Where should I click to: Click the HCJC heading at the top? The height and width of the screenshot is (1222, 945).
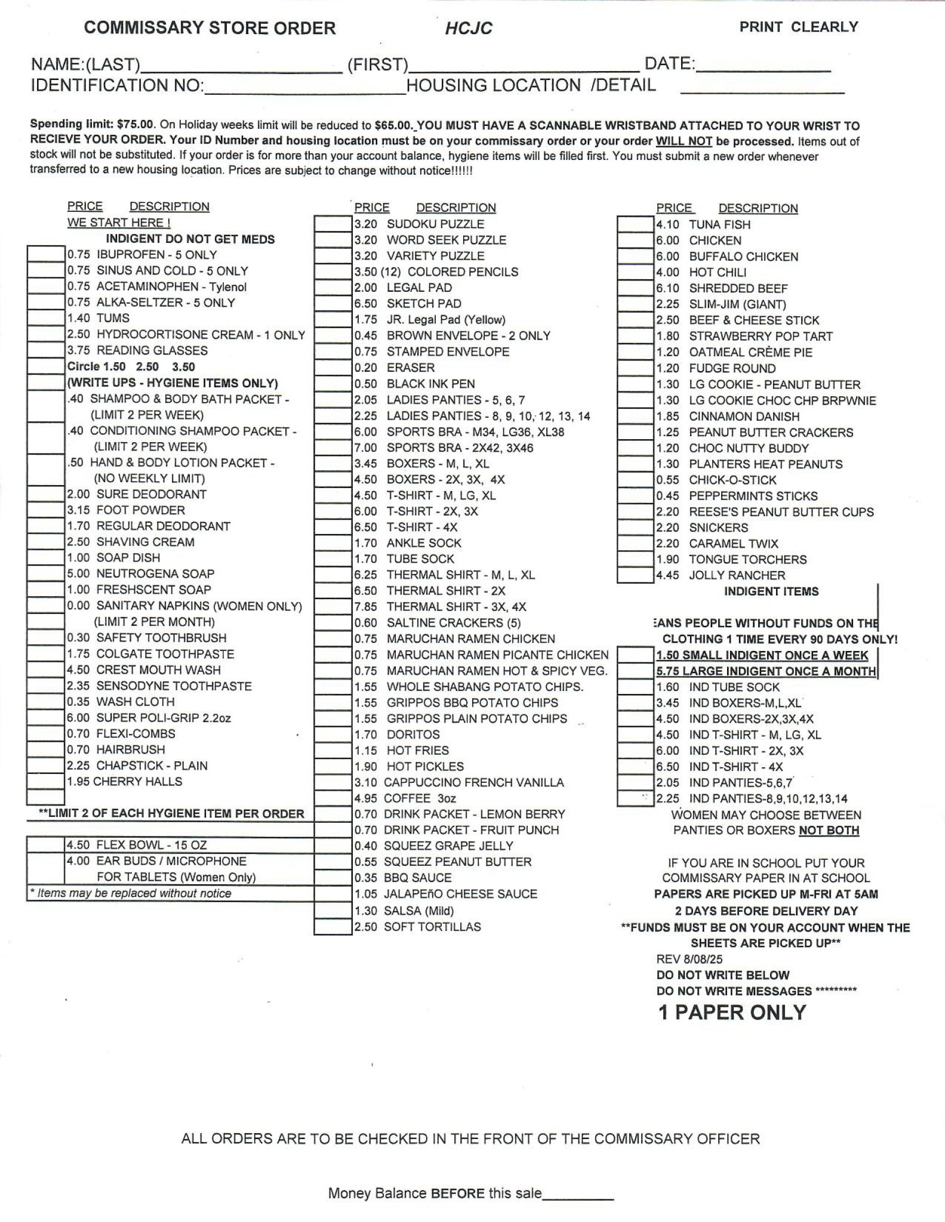[x=469, y=29]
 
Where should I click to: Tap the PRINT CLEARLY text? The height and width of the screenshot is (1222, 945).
[x=798, y=27]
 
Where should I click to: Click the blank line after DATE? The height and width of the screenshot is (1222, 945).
[x=764, y=66]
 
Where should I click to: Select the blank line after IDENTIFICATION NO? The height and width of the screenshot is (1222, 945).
[x=304, y=88]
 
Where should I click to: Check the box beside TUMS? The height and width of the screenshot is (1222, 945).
[x=46, y=318]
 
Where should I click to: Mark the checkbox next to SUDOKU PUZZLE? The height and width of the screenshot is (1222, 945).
[x=333, y=224]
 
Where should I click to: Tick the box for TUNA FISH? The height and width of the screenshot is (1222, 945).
[x=636, y=224]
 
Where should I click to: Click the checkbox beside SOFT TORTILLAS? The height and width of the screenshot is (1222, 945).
[x=333, y=927]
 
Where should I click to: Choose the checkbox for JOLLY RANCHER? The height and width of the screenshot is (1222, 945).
[x=636, y=575]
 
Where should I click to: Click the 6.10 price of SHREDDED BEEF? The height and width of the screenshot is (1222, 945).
[x=668, y=288]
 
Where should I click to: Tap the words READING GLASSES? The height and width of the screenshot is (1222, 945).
[x=152, y=350]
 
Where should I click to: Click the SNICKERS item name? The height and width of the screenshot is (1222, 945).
[x=718, y=527]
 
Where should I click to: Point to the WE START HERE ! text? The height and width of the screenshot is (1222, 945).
[x=119, y=223]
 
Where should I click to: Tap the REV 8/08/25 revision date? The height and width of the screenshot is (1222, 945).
[x=689, y=959]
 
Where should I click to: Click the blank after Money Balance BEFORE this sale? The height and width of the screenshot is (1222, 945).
[x=578, y=1193]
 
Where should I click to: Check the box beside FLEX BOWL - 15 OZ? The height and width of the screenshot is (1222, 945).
[x=46, y=845]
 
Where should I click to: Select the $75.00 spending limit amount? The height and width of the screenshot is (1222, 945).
[x=136, y=125]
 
